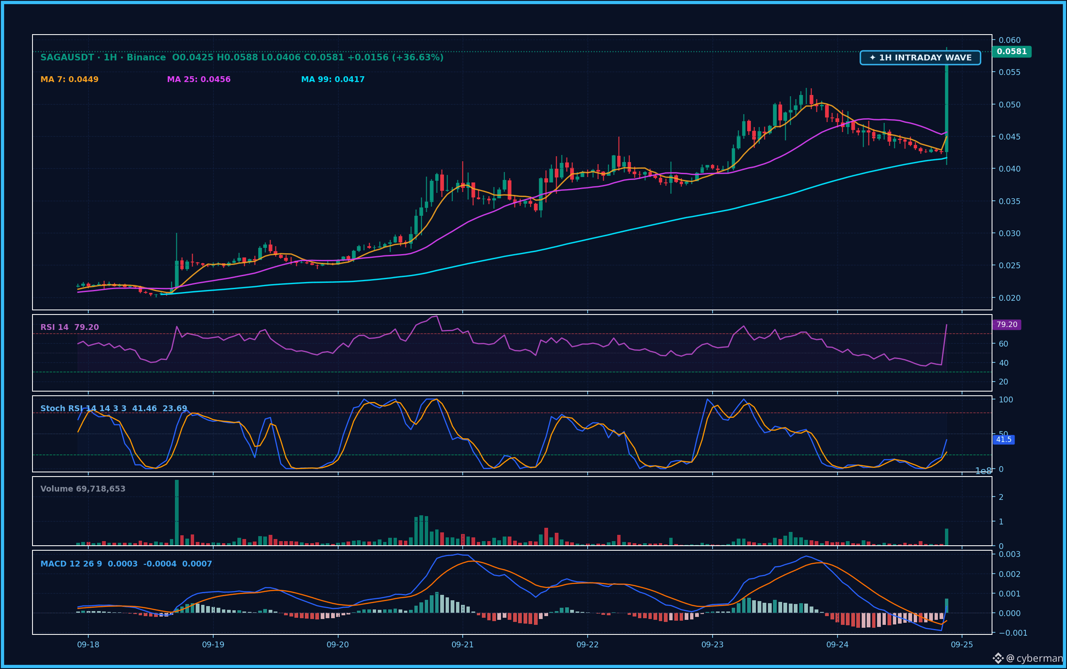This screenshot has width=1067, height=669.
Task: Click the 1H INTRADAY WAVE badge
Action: (x=920, y=57)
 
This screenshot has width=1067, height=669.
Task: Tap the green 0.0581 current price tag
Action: (x=1012, y=51)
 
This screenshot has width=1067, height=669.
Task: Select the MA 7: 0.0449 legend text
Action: (x=70, y=80)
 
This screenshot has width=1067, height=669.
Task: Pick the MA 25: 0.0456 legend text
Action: (x=199, y=80)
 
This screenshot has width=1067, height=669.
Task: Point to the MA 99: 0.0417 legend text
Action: (x=333, y=80)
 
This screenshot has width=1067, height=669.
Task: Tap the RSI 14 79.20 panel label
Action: (x=70, y=327)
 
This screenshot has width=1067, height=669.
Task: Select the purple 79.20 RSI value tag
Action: (x=1007, y=325)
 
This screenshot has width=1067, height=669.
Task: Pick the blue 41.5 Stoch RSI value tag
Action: (x=1004, y=440)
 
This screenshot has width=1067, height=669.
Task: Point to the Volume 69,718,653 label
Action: (x=83, y=489)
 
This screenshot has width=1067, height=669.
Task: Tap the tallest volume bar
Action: (x=177, y=512)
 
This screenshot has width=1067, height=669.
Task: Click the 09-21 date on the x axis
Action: (x=462, y=645)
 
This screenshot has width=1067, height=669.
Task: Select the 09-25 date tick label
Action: (x=962, y=645)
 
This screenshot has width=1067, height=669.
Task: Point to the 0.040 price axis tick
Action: (x=1010, y=169)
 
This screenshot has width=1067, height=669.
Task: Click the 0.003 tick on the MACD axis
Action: (x=1010, y=554)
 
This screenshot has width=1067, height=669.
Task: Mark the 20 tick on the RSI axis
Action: (x=1003, y=382)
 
